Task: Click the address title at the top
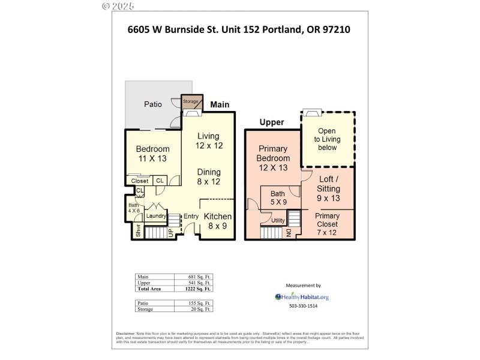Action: (x=239, y=29)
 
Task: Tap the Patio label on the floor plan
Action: (x=153, y=104)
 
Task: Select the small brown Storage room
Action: (x=190, y=101)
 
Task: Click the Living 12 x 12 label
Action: (x=208, y=141)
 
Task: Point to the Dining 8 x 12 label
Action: (x=208, y=177)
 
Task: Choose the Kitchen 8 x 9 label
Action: (x=217, y=221)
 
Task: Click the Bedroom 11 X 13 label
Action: (x=152, y=154)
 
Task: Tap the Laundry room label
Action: (x=155, y=216)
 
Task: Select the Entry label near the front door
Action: (x=191, y=217)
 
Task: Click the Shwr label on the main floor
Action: (x=137, y=230)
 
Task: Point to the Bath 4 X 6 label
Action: (x=133, y=208)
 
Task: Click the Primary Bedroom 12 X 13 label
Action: (x=273, y=158)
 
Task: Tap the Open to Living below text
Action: (x=327, y=139)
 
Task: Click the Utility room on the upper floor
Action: (x=278, y=221)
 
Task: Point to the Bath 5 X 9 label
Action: (x=278, y=198)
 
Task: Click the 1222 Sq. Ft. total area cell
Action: (x=199, y=289)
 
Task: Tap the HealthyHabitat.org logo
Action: (x=302, y=296)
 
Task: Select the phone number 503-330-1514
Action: (x=303, y=306)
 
